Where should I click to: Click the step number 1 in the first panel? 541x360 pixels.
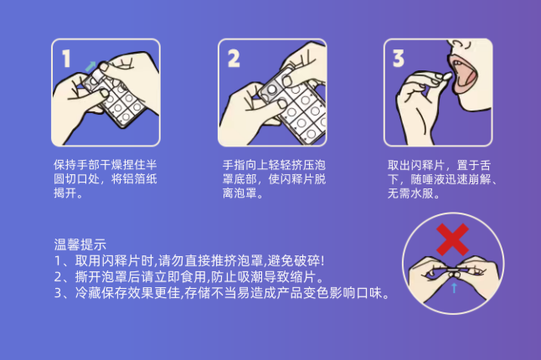point(65,58)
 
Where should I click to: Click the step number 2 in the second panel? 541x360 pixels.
point(234,58)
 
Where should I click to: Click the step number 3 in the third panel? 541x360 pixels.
point(399,58)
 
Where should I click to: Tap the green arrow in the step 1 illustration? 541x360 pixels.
point(90,64)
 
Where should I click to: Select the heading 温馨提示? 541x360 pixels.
point(80,245)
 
